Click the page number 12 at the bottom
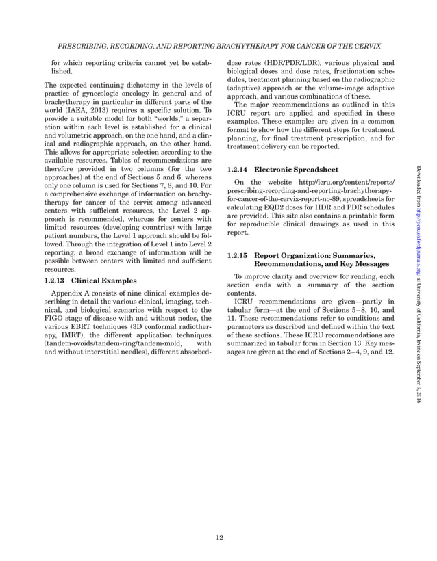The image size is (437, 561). (218, 538)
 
